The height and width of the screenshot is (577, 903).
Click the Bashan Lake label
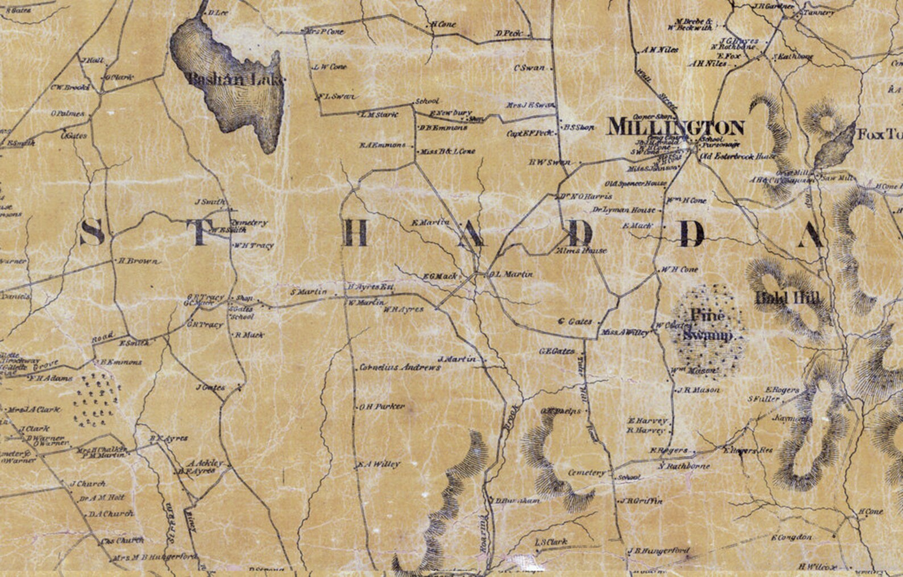(x=235, y=79)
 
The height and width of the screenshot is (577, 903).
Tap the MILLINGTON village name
(x=676, y=127)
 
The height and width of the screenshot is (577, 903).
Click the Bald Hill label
(x=788, y=297)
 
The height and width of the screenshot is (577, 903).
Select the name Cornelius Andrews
(x=400, y=368)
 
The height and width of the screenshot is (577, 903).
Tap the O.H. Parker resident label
(x=382, y=407)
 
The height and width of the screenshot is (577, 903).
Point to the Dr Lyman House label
(x=624, y=210)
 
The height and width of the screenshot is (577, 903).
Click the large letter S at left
(x=92, y=233)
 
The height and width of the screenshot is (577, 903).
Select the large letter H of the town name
(x=355, y=233)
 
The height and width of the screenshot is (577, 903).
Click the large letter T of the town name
(x=200, y=233)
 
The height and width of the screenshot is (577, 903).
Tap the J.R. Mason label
(x=698, y=390)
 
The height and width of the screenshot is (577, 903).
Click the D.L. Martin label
(x=511, y=275)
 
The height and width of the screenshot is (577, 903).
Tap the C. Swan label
(x=529, y=68)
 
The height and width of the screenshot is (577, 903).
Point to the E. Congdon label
(x=792, y=537)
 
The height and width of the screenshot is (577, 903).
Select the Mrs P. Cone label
(x=326, y=32)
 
